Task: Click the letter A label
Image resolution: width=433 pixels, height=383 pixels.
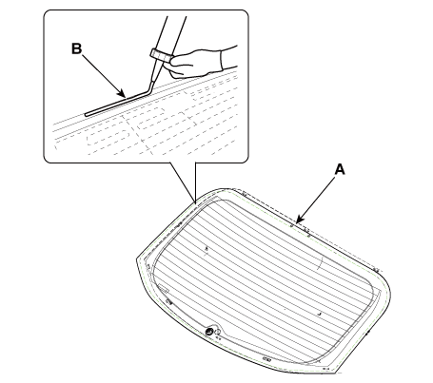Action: pos(340,169)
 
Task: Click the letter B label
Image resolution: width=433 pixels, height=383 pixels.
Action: pos(76,48)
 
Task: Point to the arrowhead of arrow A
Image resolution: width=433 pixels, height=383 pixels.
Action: pos(299,220)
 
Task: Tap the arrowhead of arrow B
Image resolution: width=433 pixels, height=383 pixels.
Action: pos(122,94)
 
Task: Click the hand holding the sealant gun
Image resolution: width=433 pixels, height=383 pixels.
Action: pos(196,63)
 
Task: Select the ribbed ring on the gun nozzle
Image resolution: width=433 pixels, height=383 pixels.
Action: pos(161,55)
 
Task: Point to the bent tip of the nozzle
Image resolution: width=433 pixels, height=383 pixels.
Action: pos(150,86)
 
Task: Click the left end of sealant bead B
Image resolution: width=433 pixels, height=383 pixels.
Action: pos(86,114)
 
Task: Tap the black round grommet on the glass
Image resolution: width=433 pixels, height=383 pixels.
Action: pos(209,332)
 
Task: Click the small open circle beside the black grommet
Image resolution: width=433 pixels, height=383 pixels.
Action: pos(218,332)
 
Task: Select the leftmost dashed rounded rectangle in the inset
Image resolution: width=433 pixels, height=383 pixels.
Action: pos(108,137)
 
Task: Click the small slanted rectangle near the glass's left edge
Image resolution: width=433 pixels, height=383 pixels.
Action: pos(164,288)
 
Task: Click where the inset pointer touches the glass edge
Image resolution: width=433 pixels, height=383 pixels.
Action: pos(195,201)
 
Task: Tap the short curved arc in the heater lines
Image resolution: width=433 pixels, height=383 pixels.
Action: pos(321,262)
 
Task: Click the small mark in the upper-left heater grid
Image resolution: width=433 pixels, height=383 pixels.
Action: pos(207,249)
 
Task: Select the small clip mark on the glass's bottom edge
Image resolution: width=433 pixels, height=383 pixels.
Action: pos(266,359)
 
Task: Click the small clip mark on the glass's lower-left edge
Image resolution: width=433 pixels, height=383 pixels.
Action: pos(168,302)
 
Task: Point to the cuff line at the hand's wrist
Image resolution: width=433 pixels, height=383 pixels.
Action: pos(222,60)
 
